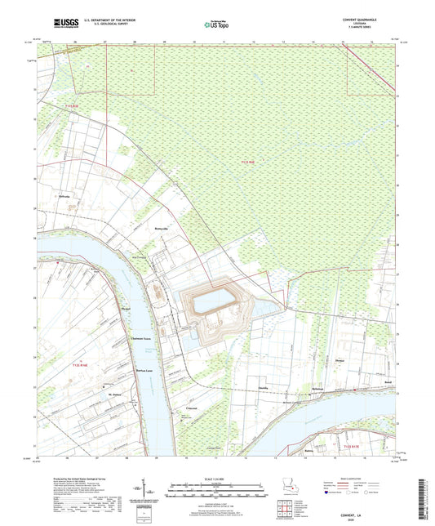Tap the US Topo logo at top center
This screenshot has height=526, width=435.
[215, 25]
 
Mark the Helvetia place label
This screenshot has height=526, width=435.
[64, 197]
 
